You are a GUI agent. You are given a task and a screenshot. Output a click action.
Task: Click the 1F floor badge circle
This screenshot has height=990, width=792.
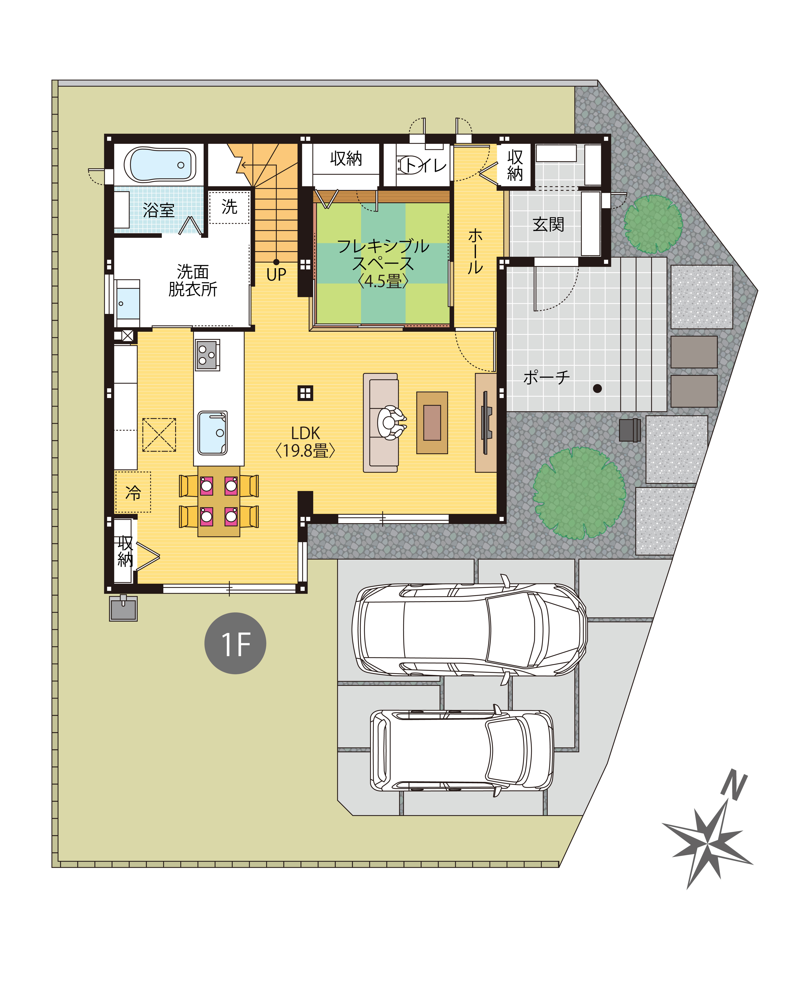pos(235,643)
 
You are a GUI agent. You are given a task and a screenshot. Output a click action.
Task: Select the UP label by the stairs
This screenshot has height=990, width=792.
pos(276,275)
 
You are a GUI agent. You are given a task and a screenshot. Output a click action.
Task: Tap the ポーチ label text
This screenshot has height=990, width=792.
pos(546,377)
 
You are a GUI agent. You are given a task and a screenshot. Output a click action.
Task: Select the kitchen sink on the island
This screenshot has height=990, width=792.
pos(213,433)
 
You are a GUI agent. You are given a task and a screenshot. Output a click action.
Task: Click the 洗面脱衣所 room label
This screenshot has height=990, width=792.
pos(192,280)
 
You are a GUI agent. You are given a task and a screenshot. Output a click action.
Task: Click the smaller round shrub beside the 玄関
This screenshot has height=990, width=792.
pos(653,224)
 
